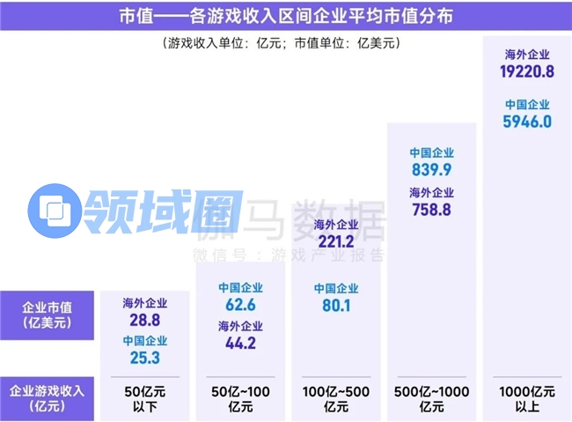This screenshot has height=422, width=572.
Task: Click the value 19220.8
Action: coord(527,72)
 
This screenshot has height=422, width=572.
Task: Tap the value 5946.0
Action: coord(527,122)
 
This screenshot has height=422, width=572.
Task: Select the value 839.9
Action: coord(432,170)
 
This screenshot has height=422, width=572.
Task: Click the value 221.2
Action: coord(336,241)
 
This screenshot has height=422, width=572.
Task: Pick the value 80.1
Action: coord(336,306)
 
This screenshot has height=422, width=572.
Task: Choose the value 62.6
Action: coord(240,306)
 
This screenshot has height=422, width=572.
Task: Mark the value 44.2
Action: coord(240,344)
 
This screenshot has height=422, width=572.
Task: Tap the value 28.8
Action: coord(145,320)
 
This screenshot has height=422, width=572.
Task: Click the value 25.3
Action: coord(145,358)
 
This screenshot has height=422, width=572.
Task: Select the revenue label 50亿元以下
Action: coord(145,398)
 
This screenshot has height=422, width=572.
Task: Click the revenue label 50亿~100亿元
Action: coord(240,398)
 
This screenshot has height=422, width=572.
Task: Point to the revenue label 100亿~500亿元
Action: coord(336,398)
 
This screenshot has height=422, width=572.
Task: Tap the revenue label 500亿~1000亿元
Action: coord(432,398)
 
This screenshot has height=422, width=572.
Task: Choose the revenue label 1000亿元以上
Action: coord(527,398)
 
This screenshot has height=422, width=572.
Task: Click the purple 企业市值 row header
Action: coord(48,315)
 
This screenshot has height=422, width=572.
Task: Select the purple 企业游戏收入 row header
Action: coord(48,398)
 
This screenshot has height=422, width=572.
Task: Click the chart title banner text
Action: coord(286,15)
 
